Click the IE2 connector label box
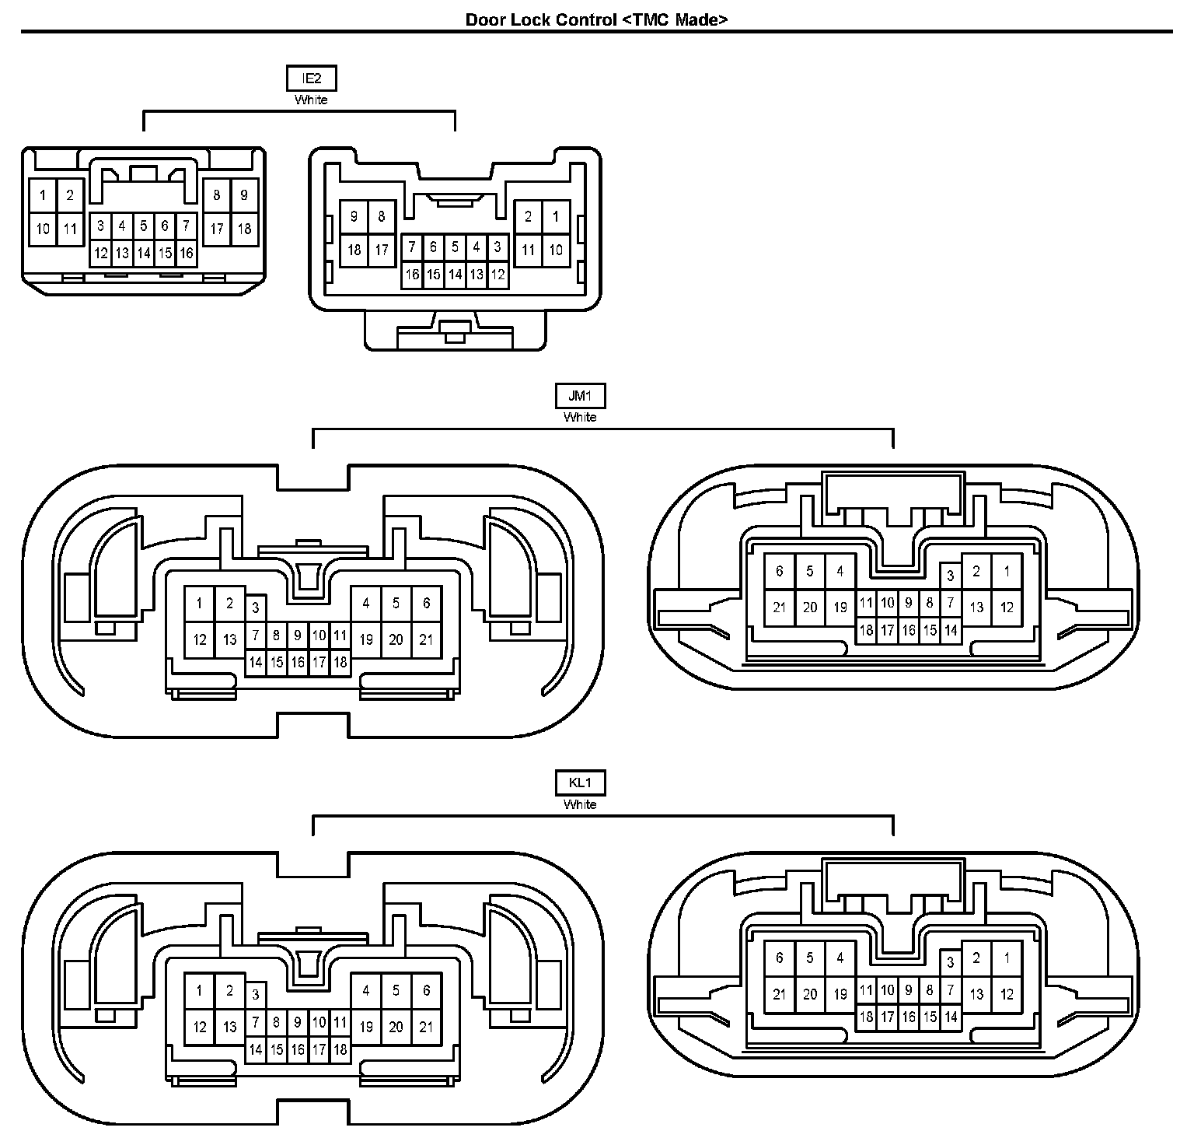coord(311,79)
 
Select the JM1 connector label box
coord(580,396)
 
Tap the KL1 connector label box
coord(580,783)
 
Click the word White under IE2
coord(311,100)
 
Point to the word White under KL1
coord(580,804)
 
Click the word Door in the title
coord(484,20)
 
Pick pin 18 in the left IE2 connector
coord(244,229)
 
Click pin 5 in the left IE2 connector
coord(144,226)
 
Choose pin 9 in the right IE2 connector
coord(354,216)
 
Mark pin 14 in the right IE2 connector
coord(455,274)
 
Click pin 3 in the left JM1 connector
coord(255,608)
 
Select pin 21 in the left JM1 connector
coord(426,639)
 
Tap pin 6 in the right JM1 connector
coord(780,572)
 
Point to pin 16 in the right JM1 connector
coord(908,630)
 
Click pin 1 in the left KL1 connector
coord(200,990)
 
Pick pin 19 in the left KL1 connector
coord(366,1027)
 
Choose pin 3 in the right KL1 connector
coord(950,963)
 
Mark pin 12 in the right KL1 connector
coord(1007,993)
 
